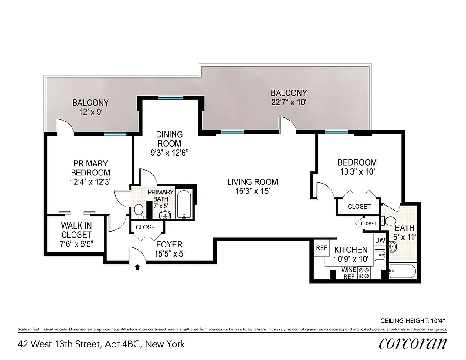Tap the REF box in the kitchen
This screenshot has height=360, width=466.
pos(321,248)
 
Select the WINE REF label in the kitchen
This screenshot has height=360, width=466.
pos(349,273)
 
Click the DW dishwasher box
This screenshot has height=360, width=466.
pos(380,240)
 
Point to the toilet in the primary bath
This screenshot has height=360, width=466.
pos(139,210)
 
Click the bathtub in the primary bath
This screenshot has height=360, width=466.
pos(184,205)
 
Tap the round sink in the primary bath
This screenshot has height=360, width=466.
pos(165,214)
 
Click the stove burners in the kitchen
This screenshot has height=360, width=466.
pos(364,273)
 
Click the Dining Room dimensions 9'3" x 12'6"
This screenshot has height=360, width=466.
pos(169,153)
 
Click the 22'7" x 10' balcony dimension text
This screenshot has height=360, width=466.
pos(289,102)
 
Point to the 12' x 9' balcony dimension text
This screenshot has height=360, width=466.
pos(90,112)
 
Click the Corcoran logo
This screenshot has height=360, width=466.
pos(413,344)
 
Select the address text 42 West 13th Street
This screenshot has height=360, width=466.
pos(101,344)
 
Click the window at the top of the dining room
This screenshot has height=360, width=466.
pos(170,98)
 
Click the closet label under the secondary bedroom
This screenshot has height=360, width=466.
pos(359,207)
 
